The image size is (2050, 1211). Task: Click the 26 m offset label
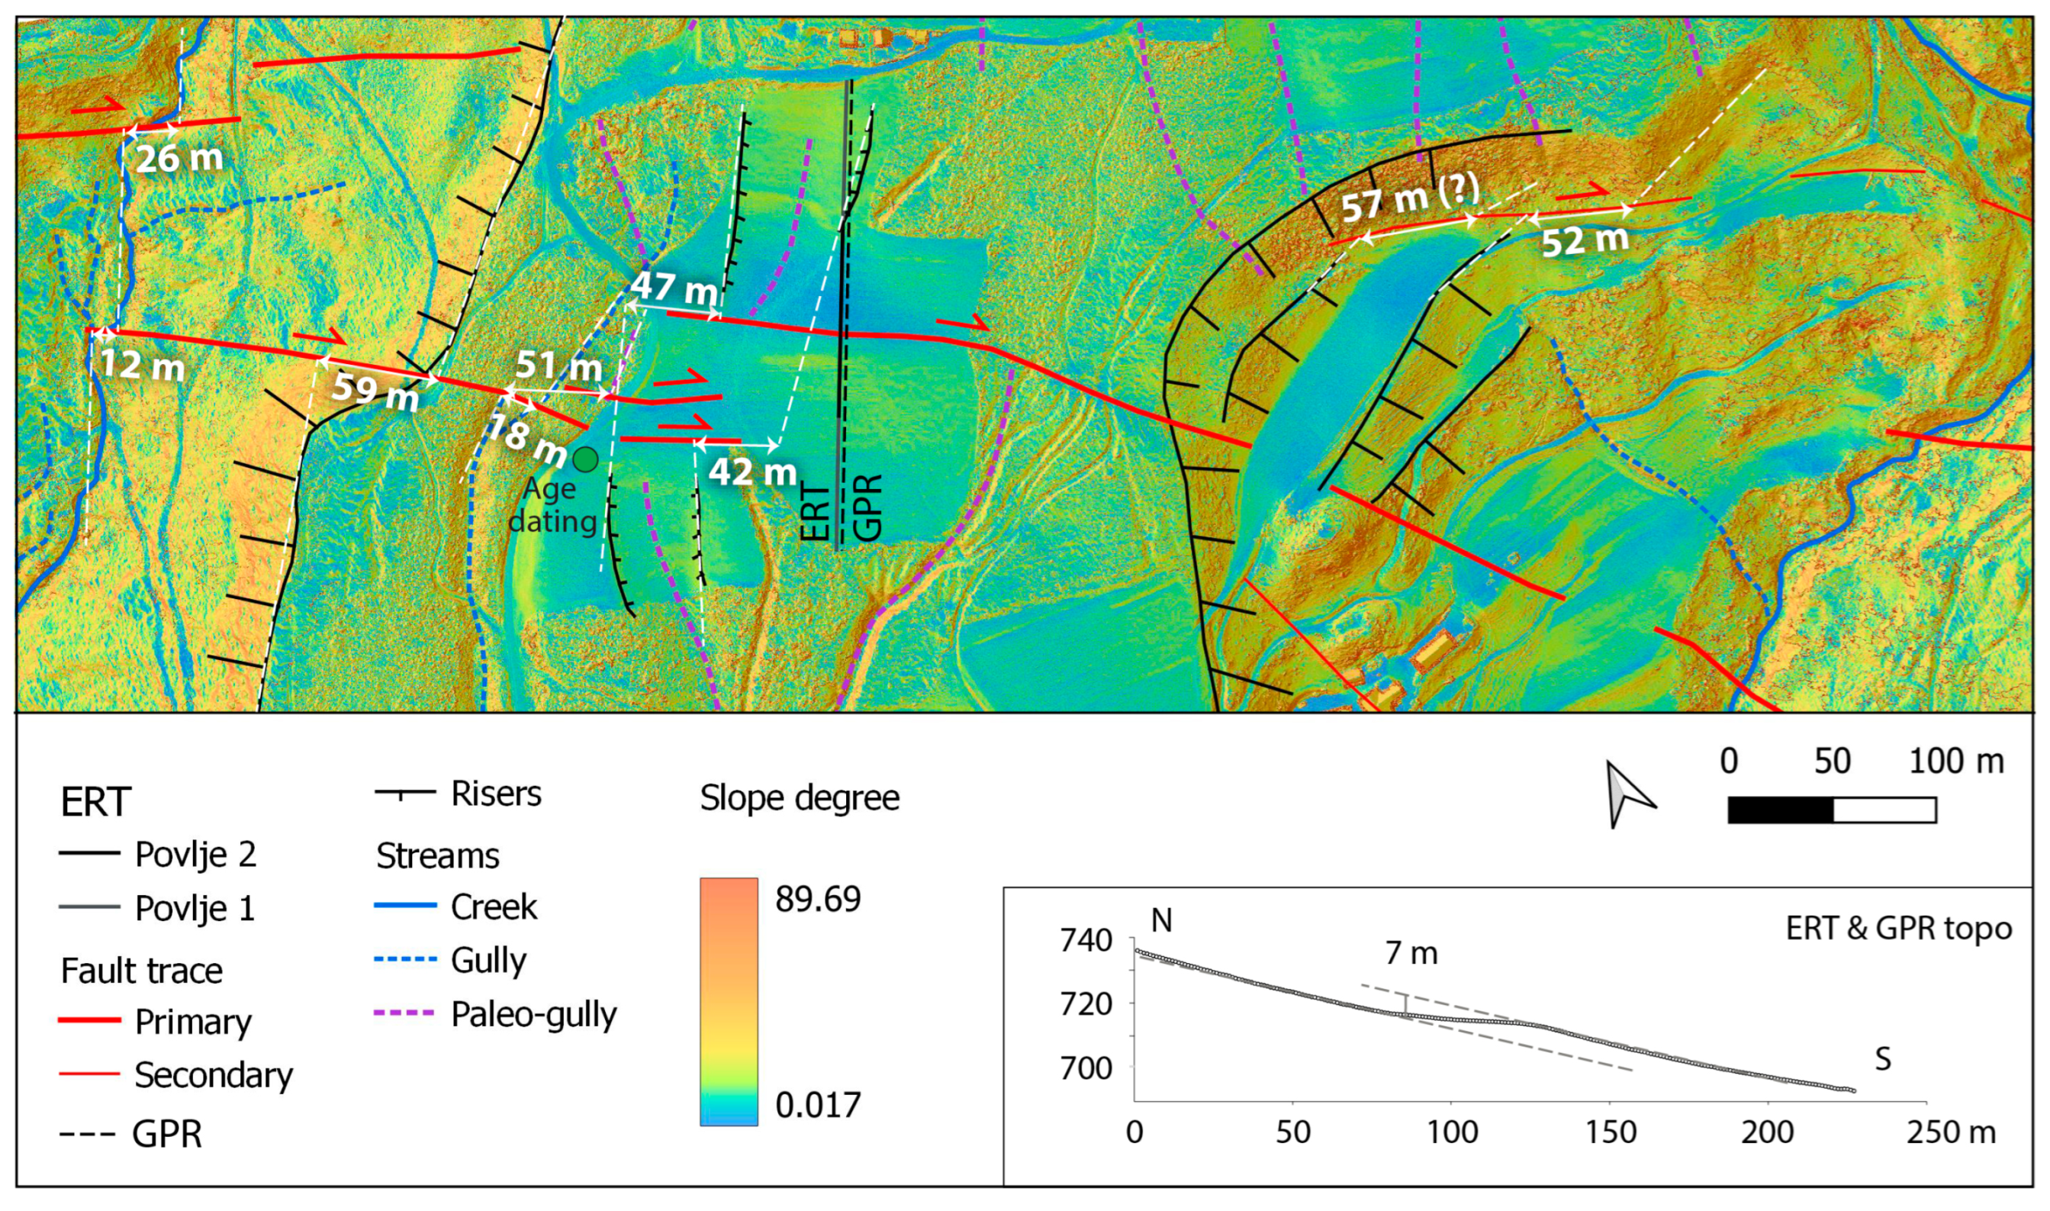click(179, 158)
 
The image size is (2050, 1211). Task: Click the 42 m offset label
click(752, 472)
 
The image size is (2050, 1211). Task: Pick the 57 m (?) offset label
click(1411, 198)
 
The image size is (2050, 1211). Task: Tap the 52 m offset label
click(1584, 240)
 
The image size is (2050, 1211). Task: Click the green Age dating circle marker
click(585, 460)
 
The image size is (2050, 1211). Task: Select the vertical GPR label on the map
click(868, 507)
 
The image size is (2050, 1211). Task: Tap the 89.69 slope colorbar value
click(817, 898)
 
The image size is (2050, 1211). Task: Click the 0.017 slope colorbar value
click(817, 1105)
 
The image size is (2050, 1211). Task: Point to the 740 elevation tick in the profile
click(1086, 941)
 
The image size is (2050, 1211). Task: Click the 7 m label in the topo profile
click(1411, 953)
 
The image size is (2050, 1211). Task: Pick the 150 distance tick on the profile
click(1610, 1132)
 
